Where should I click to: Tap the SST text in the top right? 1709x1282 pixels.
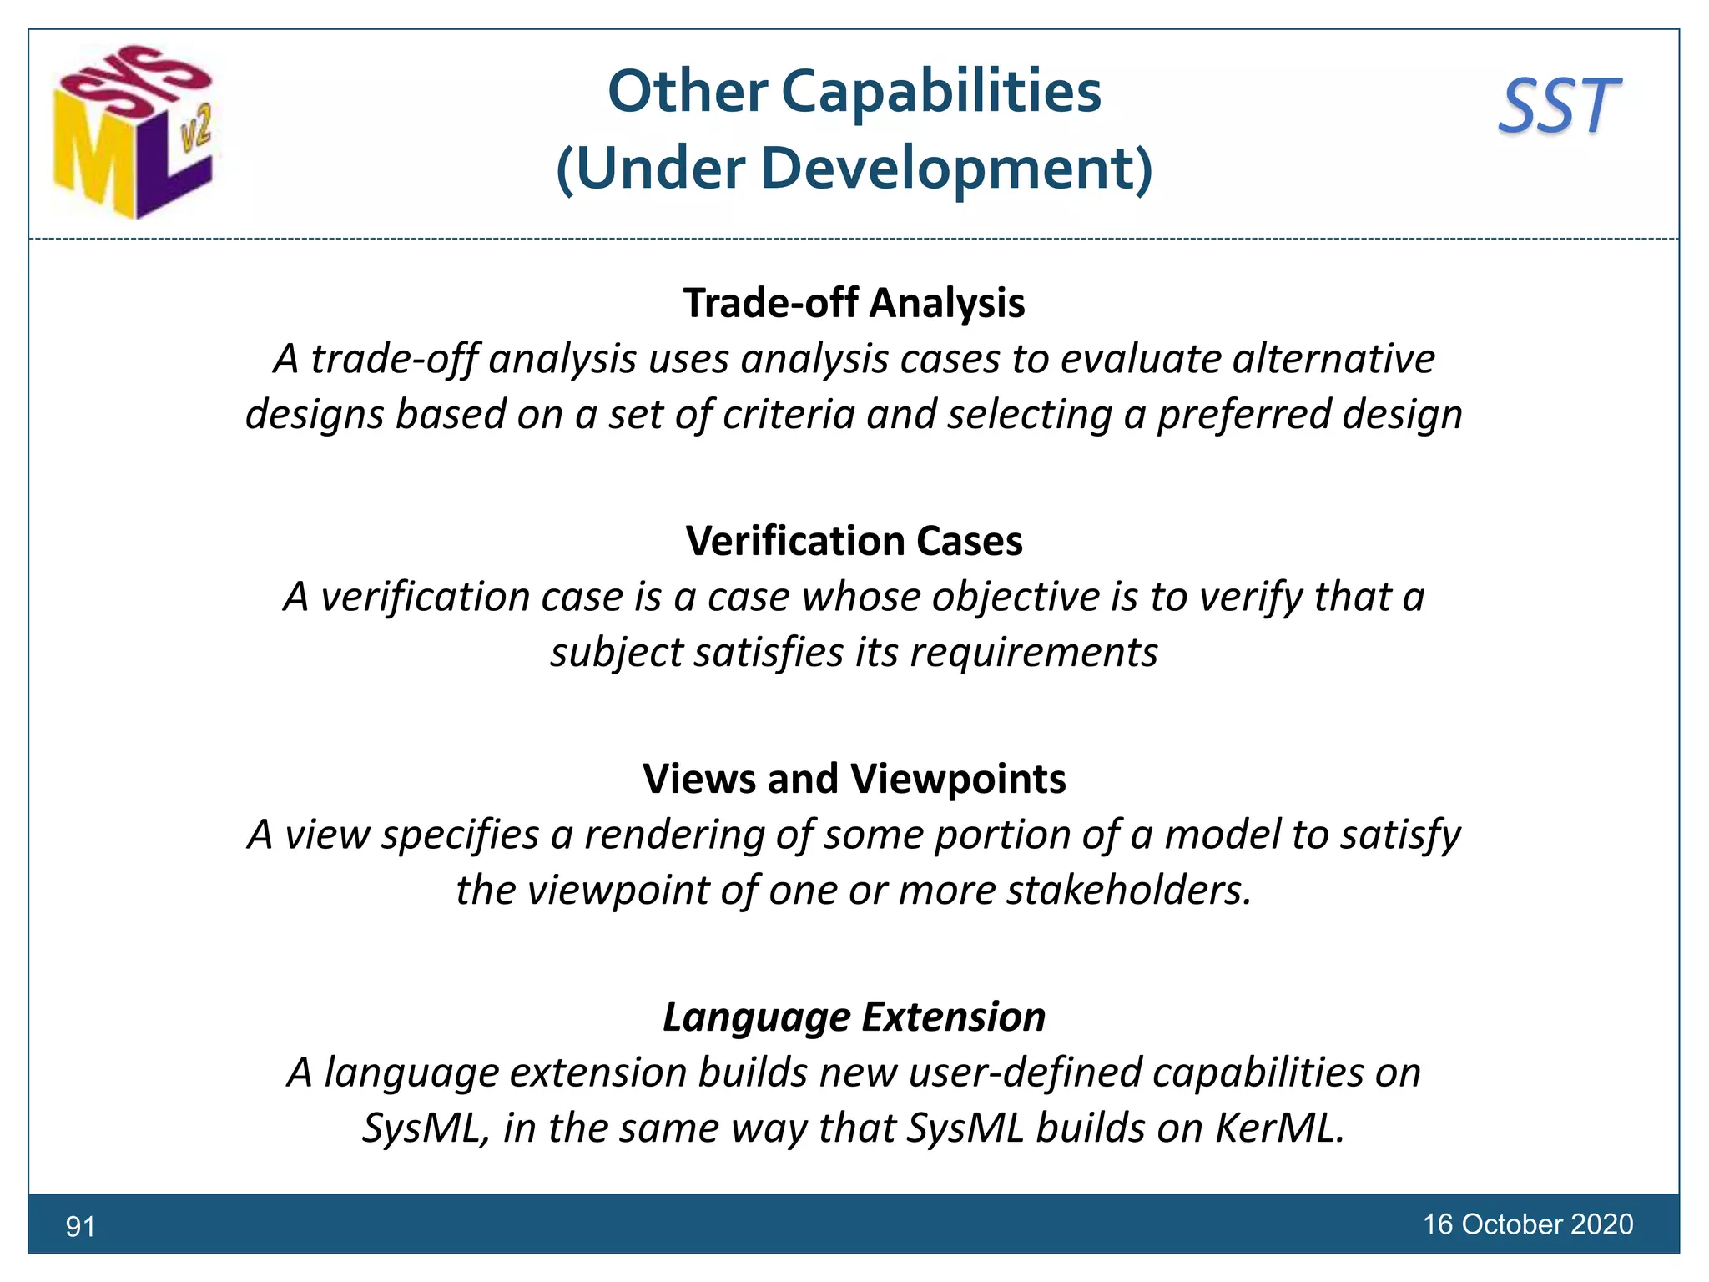[x=1559, y=107]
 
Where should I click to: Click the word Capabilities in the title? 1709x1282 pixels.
[x=940, y=91]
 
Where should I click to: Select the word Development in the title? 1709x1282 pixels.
[x=947, y=169]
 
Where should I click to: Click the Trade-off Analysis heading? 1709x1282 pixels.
[x=854, y=303]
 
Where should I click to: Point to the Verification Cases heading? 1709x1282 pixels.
[x=854, y=541]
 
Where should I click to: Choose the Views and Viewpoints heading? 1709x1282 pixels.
[x=854, y=779]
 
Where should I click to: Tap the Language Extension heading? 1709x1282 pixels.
[x=854, y=1017]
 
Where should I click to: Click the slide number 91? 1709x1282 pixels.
[x=80, y=1226]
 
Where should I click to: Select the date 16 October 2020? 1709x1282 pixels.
[x=1527, y=1224]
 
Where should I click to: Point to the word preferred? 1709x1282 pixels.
[x=1243, y=415]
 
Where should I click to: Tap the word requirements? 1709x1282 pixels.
[x=1033, y=652]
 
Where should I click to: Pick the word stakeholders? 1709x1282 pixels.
[x=1129, y=890]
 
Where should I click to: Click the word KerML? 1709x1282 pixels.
[x=1279, y=1128]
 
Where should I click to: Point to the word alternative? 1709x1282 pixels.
[x=1333, y=359]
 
